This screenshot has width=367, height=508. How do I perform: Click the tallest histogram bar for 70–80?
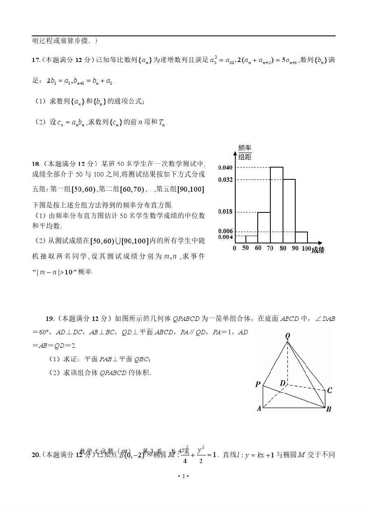276,205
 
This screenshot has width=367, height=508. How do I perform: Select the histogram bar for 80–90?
289,211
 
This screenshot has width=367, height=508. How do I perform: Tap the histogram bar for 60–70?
264,227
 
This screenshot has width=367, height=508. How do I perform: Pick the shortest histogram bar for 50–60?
252,239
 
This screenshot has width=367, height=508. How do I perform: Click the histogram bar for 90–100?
301,237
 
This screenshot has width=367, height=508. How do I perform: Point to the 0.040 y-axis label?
225,168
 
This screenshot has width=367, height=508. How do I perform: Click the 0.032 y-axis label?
225,180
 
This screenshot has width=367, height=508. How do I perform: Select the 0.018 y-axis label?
225,212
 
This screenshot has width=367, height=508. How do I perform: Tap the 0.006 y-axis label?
225,231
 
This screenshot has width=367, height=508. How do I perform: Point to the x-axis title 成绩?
318,250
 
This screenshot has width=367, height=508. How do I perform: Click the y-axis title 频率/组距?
245,152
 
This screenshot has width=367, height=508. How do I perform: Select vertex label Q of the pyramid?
288,336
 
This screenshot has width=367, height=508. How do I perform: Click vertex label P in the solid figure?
258,384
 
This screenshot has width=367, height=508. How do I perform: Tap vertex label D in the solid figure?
283,383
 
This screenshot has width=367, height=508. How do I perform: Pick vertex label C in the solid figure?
329,391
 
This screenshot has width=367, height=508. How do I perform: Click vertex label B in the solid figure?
329,409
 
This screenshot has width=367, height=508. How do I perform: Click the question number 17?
35,60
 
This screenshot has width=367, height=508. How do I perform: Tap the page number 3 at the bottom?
183,476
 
